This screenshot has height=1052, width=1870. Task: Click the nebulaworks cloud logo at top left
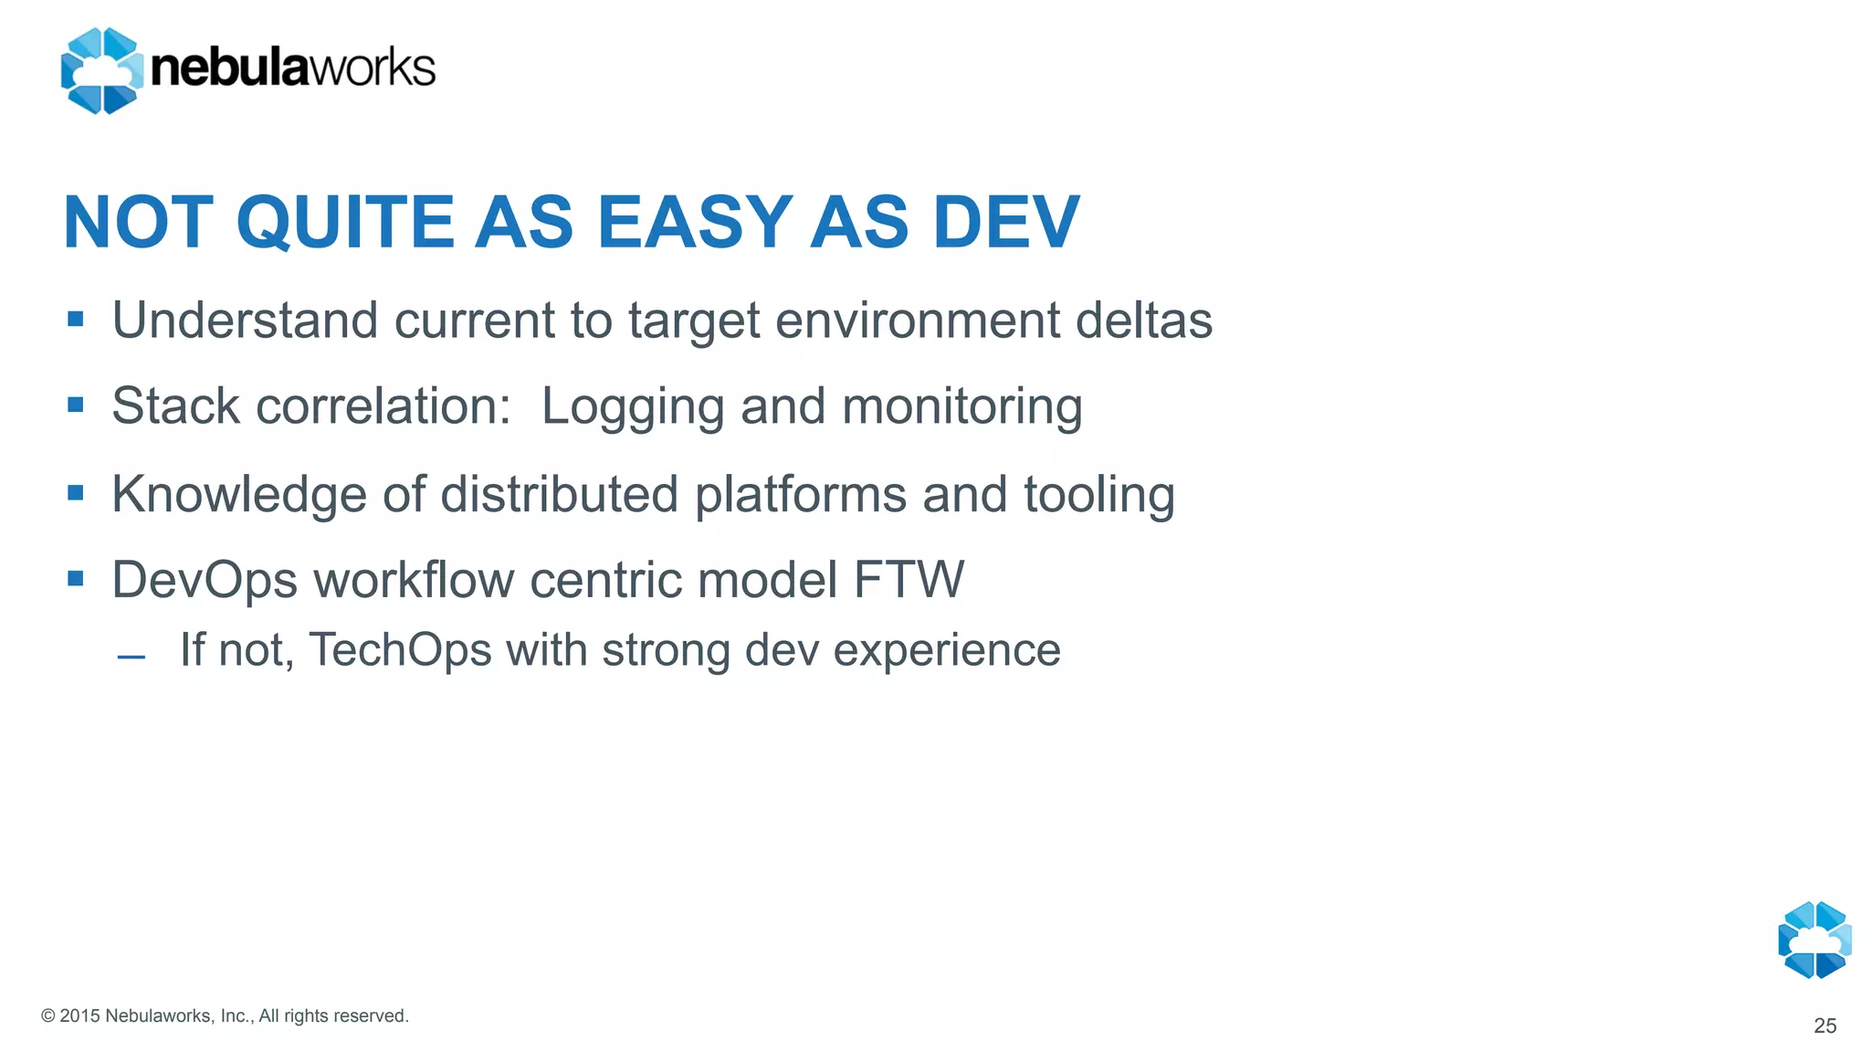point(101,70)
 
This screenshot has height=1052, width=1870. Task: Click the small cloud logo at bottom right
point(1814,940)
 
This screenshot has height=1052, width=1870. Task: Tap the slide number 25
point(1824,1026)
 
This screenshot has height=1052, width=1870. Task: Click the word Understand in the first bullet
point(245,321)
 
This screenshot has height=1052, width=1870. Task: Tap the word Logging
point(633,407)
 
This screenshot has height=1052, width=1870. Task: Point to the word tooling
point(1098,495)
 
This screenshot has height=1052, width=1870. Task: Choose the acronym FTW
point(909,580)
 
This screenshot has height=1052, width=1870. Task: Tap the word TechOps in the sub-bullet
point(400,650)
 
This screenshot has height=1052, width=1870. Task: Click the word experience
point(947,650)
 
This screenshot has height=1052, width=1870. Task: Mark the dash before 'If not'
point(131,657)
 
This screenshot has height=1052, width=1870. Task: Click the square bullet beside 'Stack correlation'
point(76,405)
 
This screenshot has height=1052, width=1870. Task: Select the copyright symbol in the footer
point(48,1016)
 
